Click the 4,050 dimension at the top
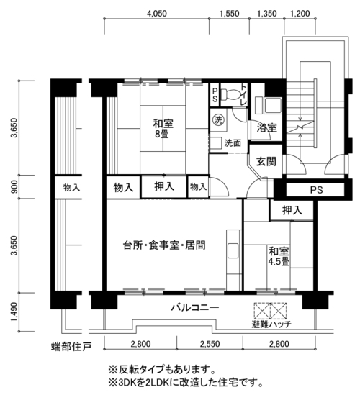pyautogui.click(x=156, y=14)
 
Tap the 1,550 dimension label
pyautogui.click(x=230, y=14)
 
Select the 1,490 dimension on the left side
pyautogui.click(x=14, y=312)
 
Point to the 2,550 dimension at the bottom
pyautogui.click(x=210, y=344)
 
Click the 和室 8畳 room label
pyautogui.click(x=163, y=129)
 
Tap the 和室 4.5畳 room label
pyautogui.click(x=279, y=256)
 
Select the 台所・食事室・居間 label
pyautogui.click(x=164, y=245)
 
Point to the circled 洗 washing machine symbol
pyautogui.click(x=218, y=119)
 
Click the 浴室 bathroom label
pyautogui.click(x=266, y=128)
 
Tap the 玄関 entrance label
pyautogui.click(x=266, y=162)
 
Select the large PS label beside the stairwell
pyautogui.click(x=316, y=190)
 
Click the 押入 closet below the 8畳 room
pyautogui.click(x=164, y=186)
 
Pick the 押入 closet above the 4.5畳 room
pyautogui.click(x=292, y=210)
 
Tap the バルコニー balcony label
pyautogui.click(x=195, y=308)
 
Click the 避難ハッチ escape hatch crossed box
pyautogui.click(x=270, y=311)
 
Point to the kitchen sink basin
pyautogui.click(x=233, y=250)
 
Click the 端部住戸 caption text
pyautogui.click(x=71, y=347)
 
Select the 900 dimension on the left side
pyautogui.click(x=14, y=186)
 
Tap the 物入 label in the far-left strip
pyautogui.click(x=71, y=188)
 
